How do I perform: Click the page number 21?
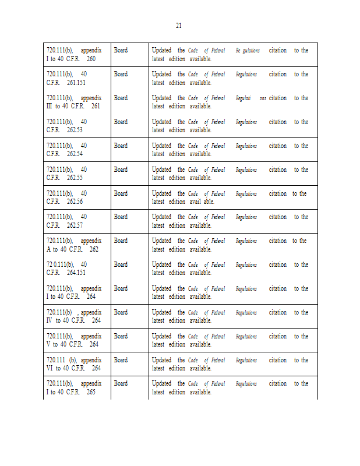coord(179,26)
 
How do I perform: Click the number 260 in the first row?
coord(91,59)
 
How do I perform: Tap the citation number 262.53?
coord(75,130)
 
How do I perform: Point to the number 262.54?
coord(75,154)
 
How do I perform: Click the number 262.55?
coord(75,178)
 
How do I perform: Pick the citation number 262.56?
coord(75,202)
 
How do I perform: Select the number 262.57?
coord(75,225)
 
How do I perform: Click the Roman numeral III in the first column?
coord(50,107)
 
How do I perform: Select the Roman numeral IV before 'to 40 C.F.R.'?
coord(50,321)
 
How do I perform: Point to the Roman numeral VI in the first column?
coord(50,369)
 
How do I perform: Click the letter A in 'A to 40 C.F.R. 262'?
coord(49,249)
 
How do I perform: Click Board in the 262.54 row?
coord(121,146)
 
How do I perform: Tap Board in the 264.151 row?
coord(121,264)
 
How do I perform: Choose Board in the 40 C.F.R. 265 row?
coord(121,383)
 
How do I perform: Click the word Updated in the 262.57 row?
coord(162,217)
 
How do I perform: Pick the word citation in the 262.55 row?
coord(277,170)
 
